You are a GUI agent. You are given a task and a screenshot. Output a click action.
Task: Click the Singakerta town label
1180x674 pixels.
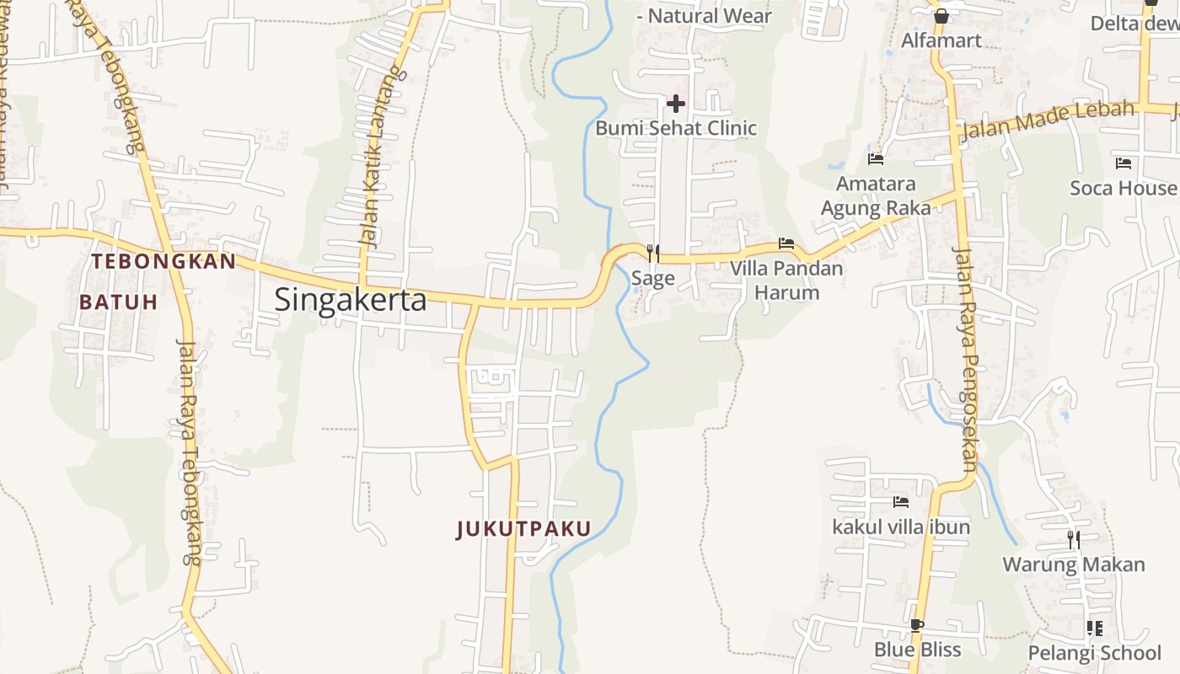coord(351,299)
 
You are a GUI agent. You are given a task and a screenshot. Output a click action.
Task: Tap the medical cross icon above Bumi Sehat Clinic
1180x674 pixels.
coord(676,104)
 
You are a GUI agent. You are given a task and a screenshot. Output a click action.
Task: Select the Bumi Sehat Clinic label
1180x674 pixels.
coord(676,128)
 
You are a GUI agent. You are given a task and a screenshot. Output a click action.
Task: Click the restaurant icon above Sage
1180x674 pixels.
coord(652,253)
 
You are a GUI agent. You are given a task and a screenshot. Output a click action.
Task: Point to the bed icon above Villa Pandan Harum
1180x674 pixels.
coord(786,243)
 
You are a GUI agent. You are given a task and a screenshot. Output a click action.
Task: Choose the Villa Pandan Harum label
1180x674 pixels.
coord(786,281)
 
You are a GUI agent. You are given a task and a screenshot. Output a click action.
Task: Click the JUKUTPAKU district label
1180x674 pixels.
coord(523,528)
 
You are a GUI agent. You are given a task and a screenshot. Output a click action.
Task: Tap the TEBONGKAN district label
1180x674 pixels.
coord(164,261)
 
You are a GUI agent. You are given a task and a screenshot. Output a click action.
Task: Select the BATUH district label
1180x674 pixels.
coord(118,302)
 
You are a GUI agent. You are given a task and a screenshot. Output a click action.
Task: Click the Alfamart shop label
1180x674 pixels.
coord(941,40)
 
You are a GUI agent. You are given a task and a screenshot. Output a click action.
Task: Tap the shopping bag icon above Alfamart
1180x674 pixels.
coord(941,15)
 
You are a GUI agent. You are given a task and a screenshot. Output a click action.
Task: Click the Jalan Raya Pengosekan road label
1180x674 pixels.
coord(965,358)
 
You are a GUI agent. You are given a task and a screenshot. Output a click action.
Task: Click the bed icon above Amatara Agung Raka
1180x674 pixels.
coord(876,158)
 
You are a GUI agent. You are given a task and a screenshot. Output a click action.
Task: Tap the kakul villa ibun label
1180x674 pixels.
coord(901,527)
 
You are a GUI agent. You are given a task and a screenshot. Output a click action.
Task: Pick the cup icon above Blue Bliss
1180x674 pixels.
coord(917,625)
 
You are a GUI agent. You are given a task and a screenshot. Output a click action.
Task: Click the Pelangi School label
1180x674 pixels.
coord(1094,652)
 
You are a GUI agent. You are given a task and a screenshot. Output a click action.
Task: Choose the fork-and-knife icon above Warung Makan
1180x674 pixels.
coord(1074,539)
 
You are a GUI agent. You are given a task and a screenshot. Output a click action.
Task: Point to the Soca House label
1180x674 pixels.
coord(1123,188)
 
